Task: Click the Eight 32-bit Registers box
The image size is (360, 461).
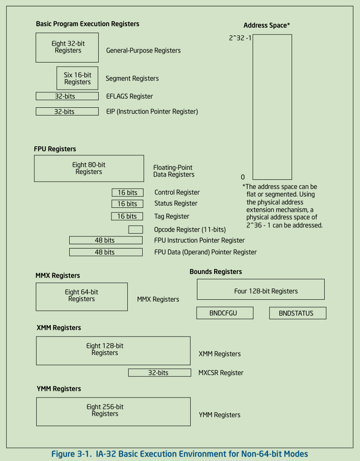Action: [67, 47]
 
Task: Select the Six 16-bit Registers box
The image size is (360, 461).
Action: [77, 78]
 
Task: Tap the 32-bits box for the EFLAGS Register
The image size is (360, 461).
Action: [67, 96]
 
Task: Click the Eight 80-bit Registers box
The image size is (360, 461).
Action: [89, 168]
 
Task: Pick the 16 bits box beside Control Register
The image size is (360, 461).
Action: [127, 192]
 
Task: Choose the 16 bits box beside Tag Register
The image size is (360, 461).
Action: [127, 216]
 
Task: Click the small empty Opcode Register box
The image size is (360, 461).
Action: [135, 230]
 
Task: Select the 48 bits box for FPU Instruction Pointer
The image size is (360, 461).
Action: [106, 240]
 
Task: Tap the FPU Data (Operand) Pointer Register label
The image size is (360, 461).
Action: [205, 252]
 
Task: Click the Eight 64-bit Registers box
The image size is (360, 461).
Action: [82, 297]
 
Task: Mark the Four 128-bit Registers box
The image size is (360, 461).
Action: [260, 289]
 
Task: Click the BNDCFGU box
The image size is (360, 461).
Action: [225, 313]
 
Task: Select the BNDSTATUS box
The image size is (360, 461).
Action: [298, 313]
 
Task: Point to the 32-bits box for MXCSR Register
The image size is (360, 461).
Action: [159, 373]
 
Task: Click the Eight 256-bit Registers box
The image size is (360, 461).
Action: [113, 411]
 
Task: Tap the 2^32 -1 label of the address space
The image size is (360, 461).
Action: [240, 38]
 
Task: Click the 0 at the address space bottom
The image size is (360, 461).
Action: [243, 177]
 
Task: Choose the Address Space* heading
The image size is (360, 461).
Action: [266, 25]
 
